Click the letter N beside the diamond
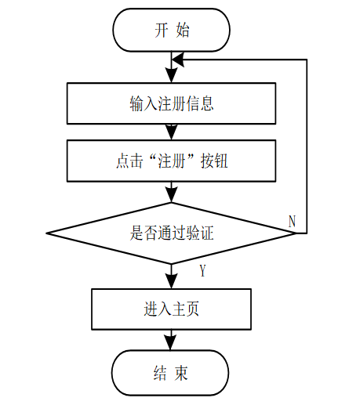(292, 222)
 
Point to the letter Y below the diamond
(203, 270)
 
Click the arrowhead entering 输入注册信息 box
(171, 75)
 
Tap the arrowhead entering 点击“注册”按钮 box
(171, 132)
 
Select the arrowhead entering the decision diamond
(171, 195)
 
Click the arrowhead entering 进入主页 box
(171, 281)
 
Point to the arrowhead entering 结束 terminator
(170, 342)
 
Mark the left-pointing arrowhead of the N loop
(178, 60)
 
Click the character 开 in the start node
(161, 30)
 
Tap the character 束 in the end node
(181, 373)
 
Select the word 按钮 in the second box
(214, 161)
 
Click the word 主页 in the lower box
(185, 309)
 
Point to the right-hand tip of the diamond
(296, 233)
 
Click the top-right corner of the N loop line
(307, 60)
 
